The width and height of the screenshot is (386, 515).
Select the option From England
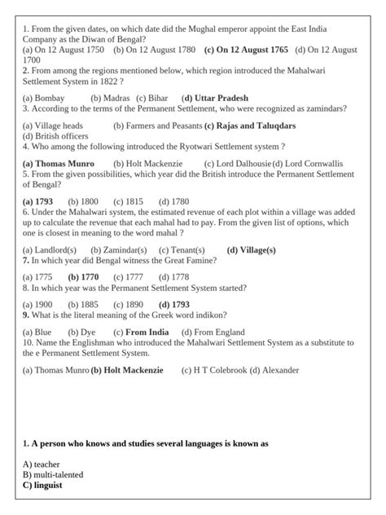[x=213, y=332]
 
